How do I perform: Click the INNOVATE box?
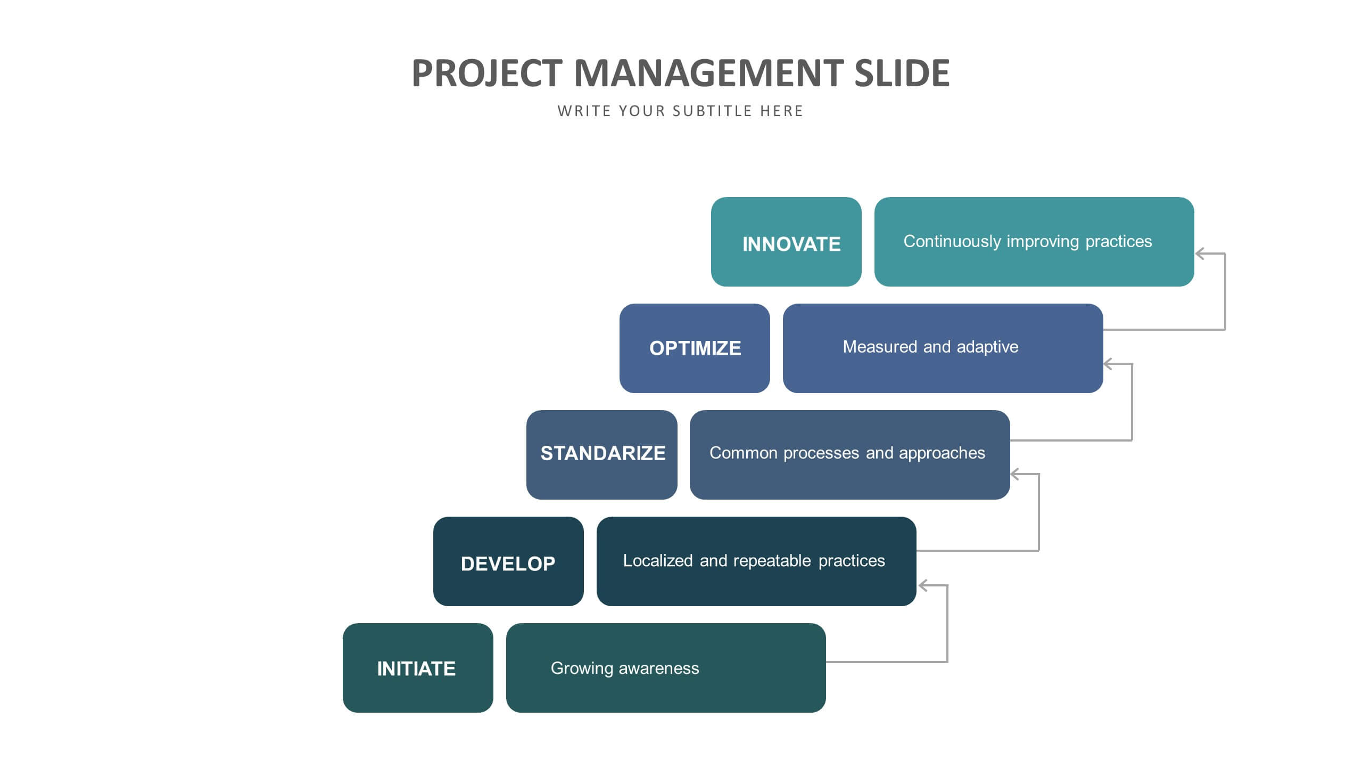pyautogui.click(x=786, y=242)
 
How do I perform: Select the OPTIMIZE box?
pyautogui.click(x=695, y=348)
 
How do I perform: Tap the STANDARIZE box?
pyautogui.click(x=602, y=455)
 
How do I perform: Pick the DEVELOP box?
pyautogui.click(x=508, y=561)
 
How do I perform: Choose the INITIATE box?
pyautogui.click(x=418, y=668)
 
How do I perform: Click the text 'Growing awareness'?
pyautogui.click(x=625, y=668)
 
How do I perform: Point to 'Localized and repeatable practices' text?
pyautogui.click(x=754, y=561)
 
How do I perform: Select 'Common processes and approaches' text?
pyautogui.click(x=847, y=453)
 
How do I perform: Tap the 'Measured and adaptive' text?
pyautogui.click(x=930, y=347)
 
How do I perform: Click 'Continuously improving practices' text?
pyautogui.click(x=1028, y=242)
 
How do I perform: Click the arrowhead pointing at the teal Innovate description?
pyautogui.click(x=1200, y=254)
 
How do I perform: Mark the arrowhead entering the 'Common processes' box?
pyautogui.click(x=1016, y=474)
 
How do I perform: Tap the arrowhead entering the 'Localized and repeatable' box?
pyautogui.click(x=924, y=586)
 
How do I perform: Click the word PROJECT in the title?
pyautogui.click(x=487, y=73)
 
